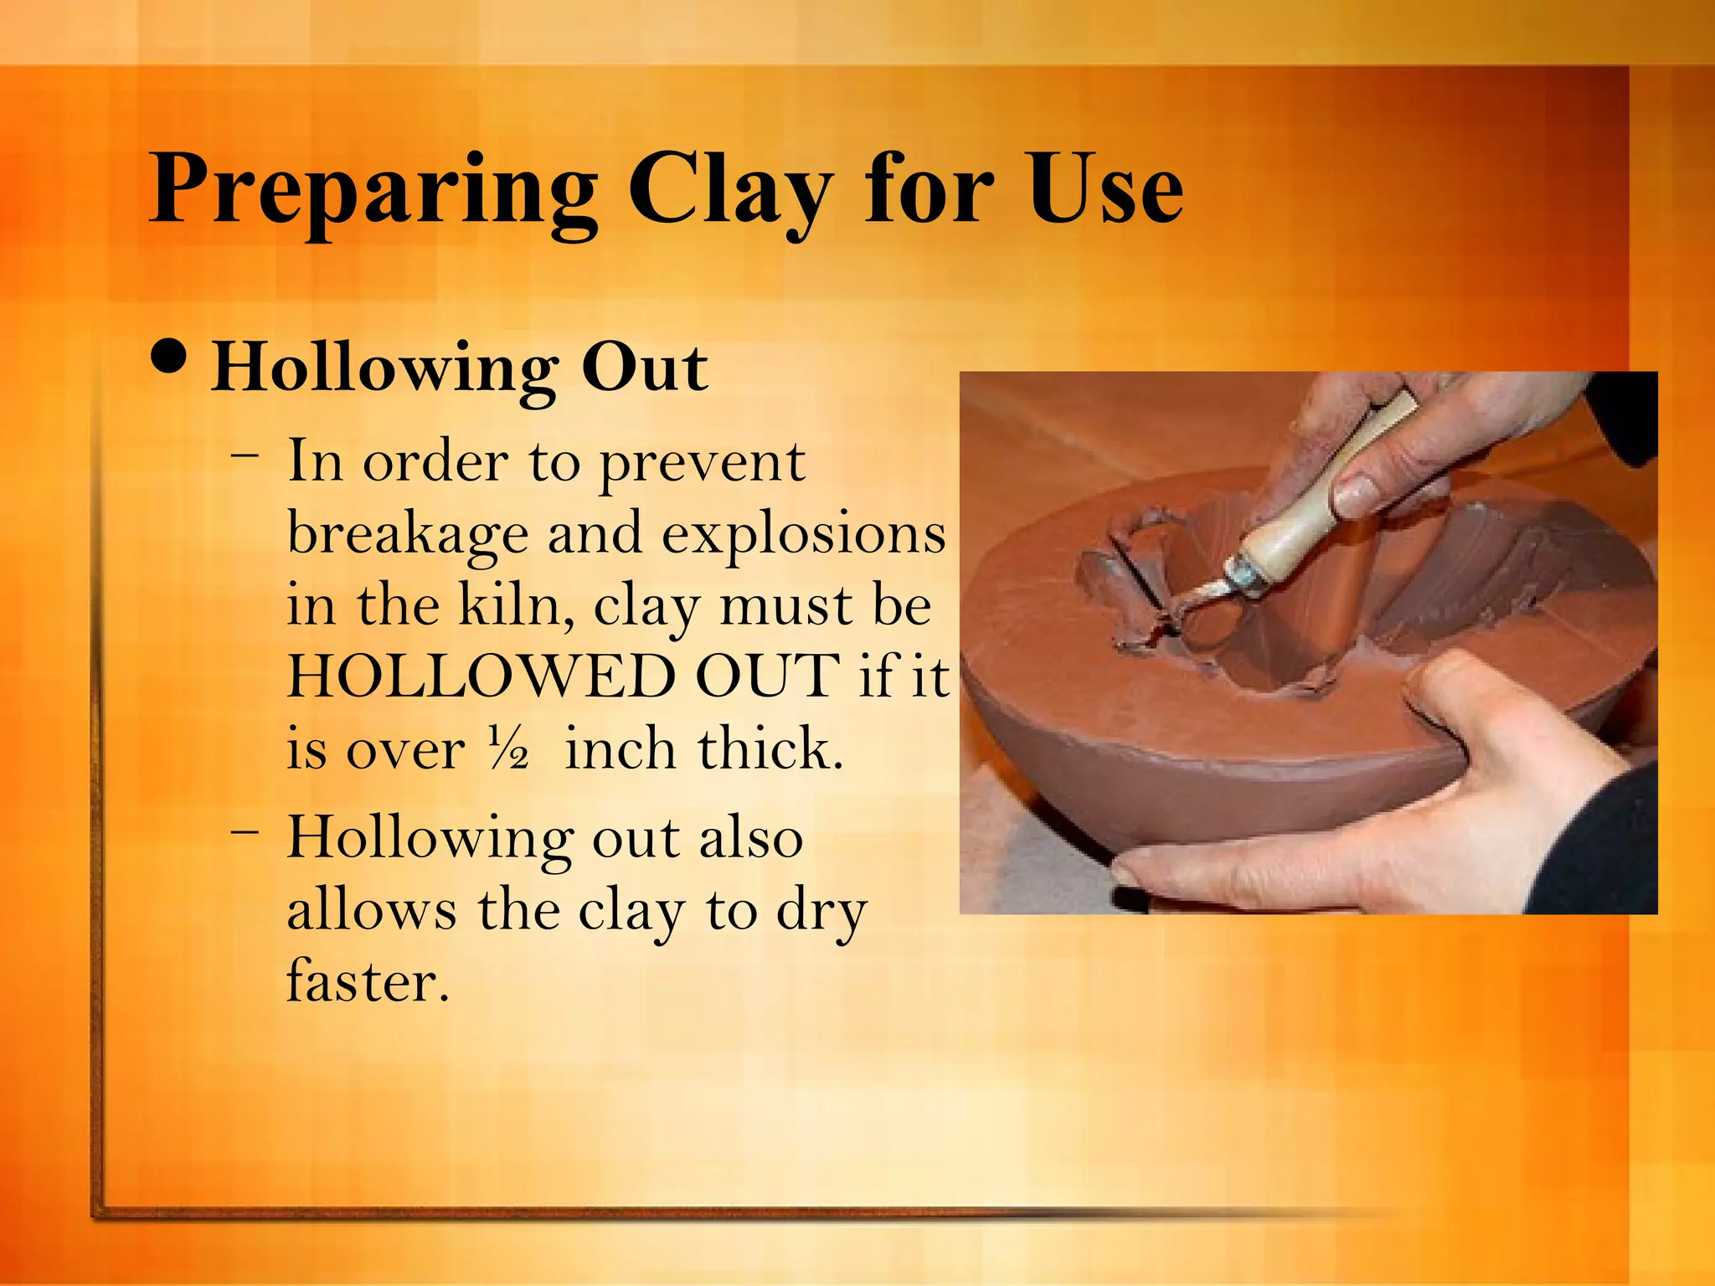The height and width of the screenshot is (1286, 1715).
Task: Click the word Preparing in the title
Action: click(x=373, y=191)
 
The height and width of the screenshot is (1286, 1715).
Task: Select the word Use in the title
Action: click(x=1105, y=191)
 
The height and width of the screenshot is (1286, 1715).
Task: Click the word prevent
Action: click(x=703, y=462)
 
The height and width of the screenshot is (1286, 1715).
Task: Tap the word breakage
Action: click(x=408, y=534)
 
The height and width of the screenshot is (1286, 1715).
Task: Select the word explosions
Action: click(x=804, y=534)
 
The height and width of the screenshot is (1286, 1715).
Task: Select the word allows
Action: click(x=372, y=909)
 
